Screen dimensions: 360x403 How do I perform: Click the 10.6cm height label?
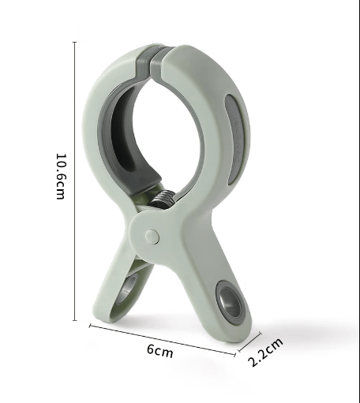(60, 177)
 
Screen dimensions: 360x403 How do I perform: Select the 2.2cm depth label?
(265, 352)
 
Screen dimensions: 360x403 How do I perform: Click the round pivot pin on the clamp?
(152, 237)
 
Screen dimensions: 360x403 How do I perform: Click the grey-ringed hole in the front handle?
(230, 302)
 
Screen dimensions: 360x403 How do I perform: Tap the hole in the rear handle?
(128, 289)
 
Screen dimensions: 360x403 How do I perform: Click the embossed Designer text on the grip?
(238, 140)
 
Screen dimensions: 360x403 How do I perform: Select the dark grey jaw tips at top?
(155, 62)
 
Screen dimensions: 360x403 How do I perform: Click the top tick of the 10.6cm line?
(75, 42)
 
